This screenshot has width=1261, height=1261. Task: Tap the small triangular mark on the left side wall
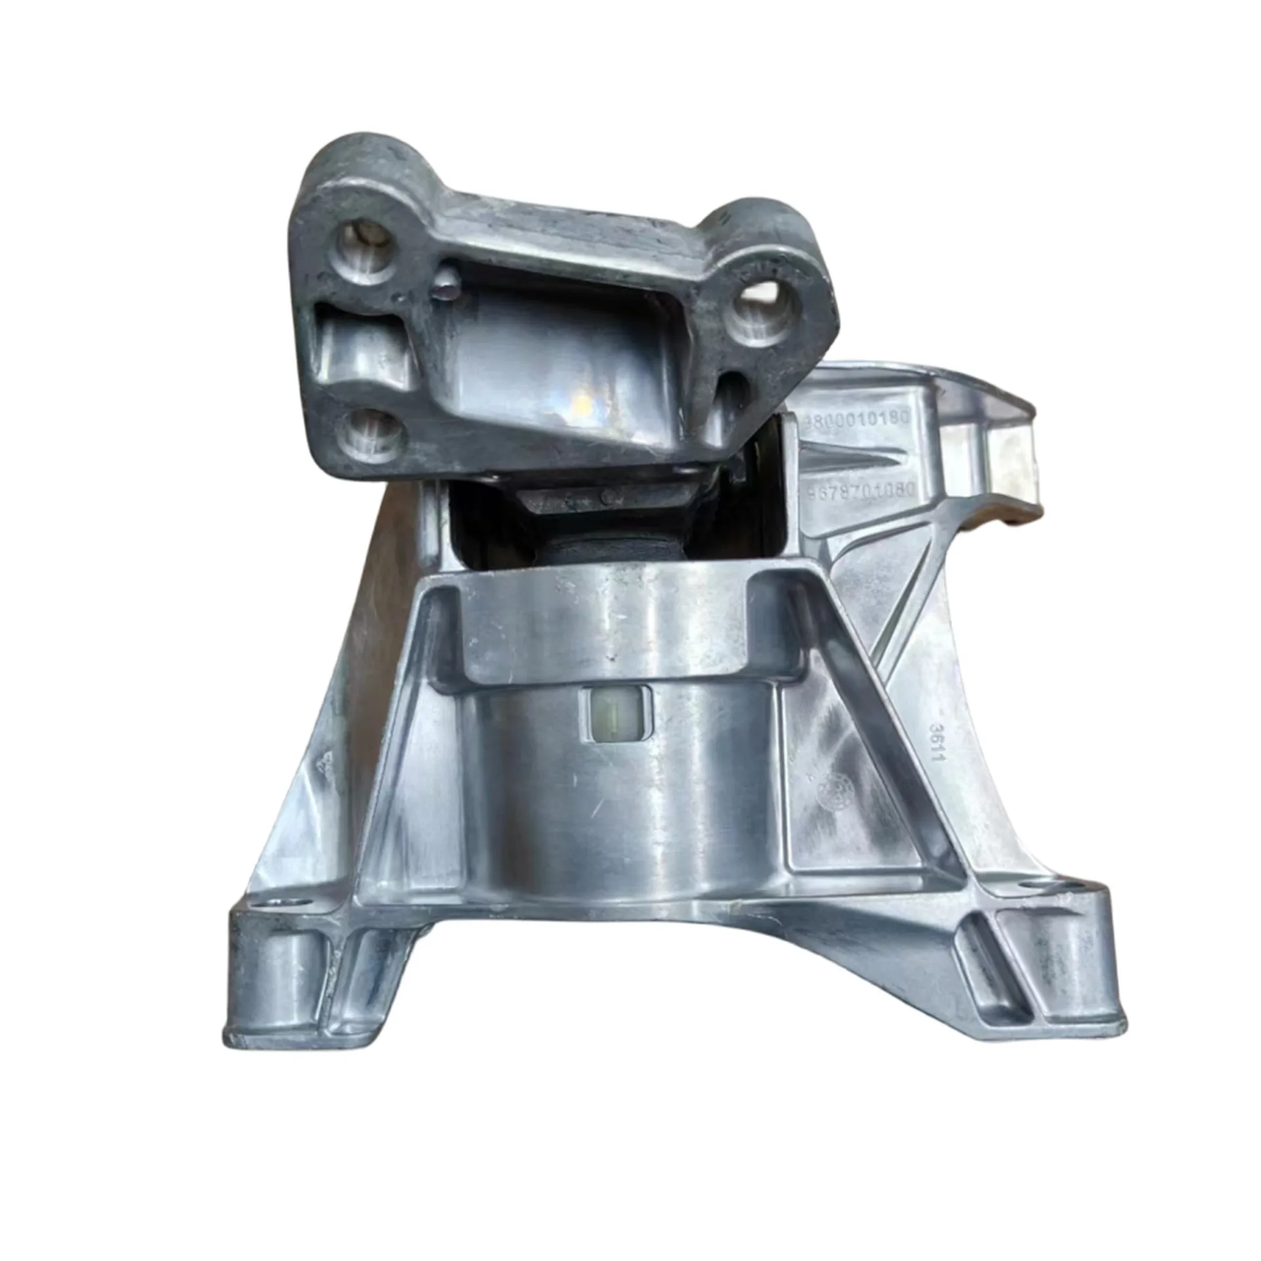click(323, 763)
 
